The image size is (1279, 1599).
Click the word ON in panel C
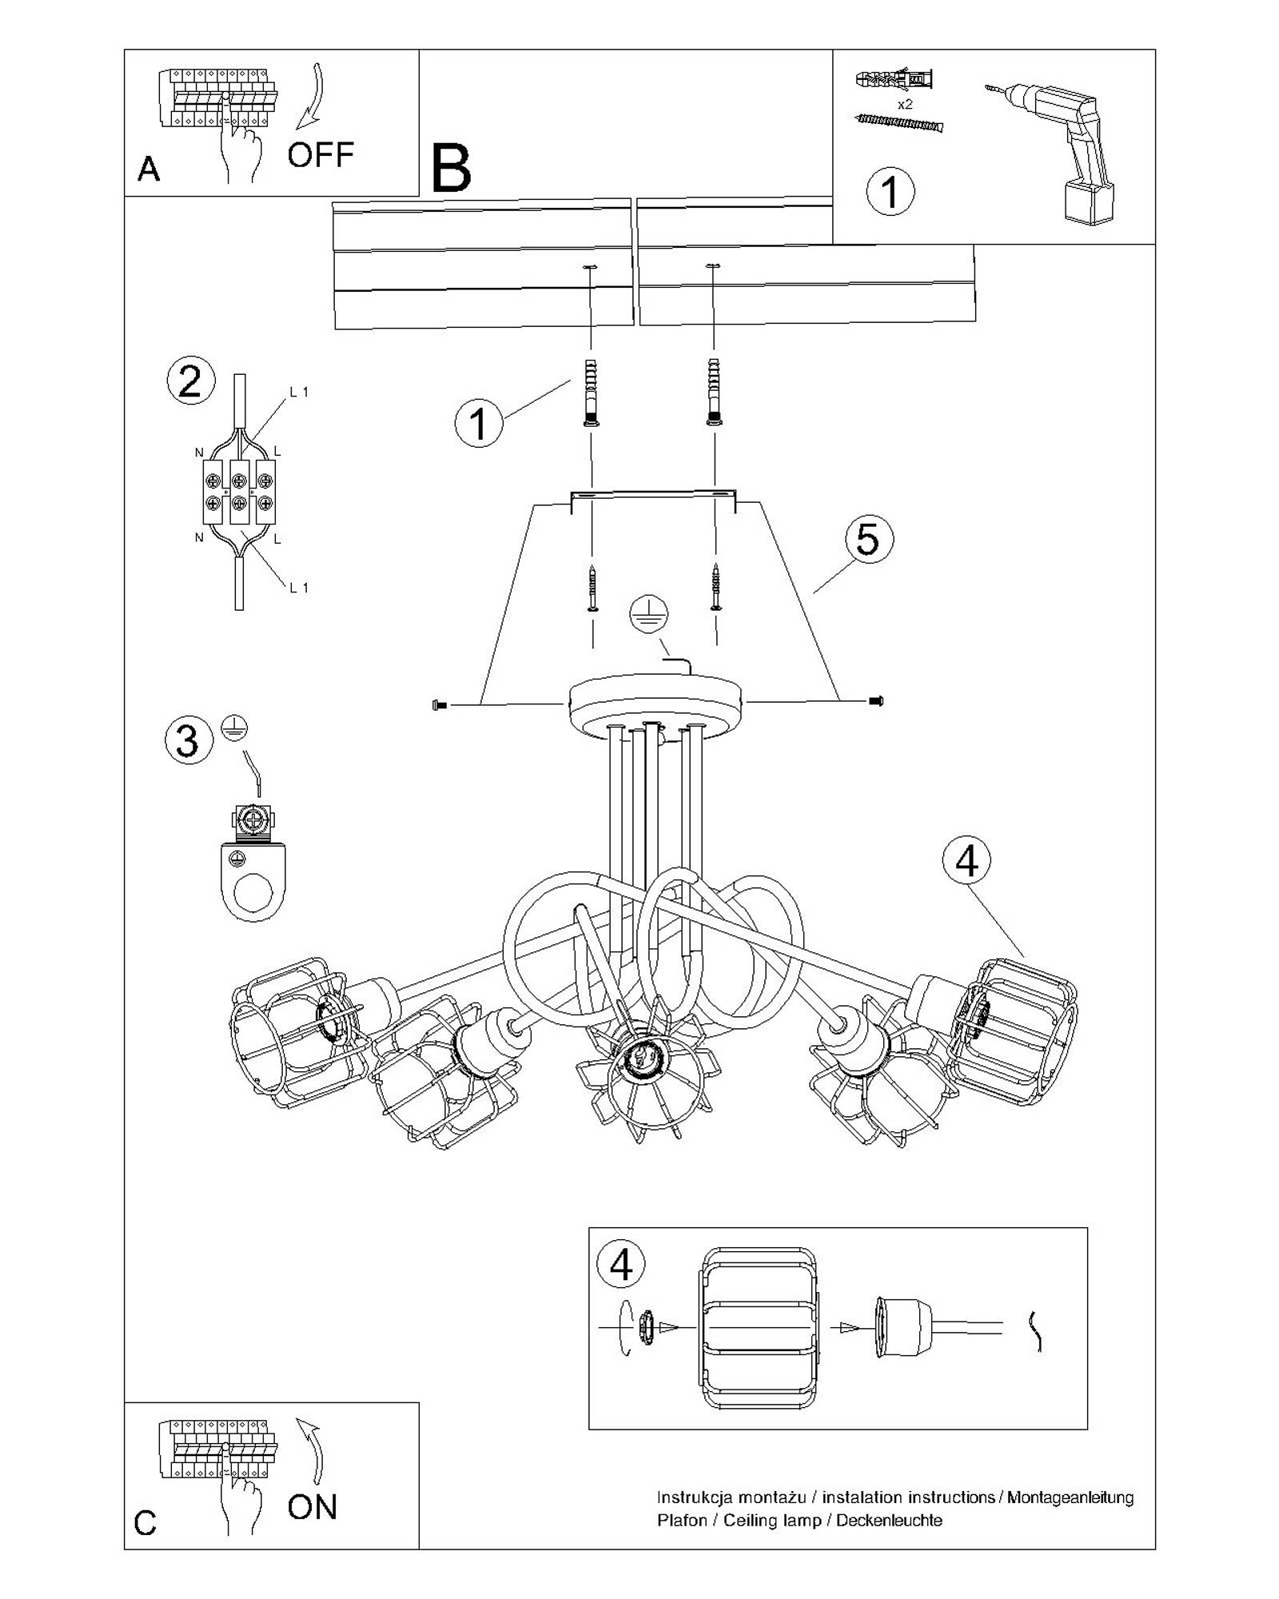(313, 1507)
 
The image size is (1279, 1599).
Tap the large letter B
(451, 169)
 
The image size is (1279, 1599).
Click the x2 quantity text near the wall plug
(905, 105)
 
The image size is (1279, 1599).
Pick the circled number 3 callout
(188, 740)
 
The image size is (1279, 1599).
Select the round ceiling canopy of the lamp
(655, 704)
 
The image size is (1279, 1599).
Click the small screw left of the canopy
(437, 704)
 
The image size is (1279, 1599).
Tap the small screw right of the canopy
(876, 701)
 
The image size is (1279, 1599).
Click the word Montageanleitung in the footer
(1070, 1497)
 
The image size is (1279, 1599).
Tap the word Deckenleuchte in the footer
(889, 1520)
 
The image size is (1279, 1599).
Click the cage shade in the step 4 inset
(759, 1328)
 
